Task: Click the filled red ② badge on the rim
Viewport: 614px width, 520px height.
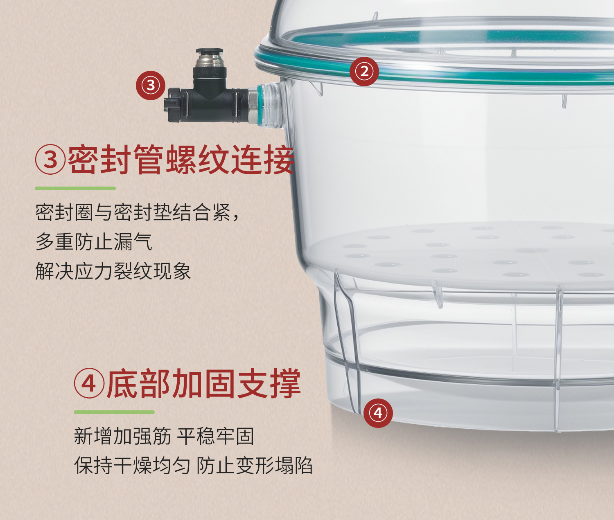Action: pos(364,72)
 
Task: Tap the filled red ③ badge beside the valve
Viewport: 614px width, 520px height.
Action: pos(151,85)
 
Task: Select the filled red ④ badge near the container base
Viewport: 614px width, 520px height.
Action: pos(378,413)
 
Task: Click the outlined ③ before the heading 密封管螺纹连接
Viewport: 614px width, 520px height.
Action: pos(50,159)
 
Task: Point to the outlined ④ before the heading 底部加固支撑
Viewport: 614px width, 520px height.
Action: pos(89,383)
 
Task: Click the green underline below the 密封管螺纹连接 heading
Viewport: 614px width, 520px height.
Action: pos(75,188)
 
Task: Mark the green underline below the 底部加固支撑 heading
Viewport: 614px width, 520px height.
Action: pos(114,412)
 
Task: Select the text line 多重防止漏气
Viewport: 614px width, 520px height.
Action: pos(94,242)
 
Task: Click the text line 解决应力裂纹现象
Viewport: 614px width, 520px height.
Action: pos(113,271)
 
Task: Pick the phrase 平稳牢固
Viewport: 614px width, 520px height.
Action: pos(215,436)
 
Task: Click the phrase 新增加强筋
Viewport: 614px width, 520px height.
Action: pos(122,436)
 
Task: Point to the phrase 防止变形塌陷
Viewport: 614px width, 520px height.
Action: pos(254,465)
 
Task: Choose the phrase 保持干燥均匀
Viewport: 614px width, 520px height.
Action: pos(132,465)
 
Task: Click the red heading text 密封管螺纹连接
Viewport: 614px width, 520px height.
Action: pos(181,160)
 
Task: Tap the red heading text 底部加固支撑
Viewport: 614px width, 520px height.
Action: pos(204,383)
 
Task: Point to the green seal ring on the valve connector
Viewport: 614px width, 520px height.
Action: pos(260,105)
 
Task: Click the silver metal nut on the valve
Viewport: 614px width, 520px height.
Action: pos(253,106)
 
